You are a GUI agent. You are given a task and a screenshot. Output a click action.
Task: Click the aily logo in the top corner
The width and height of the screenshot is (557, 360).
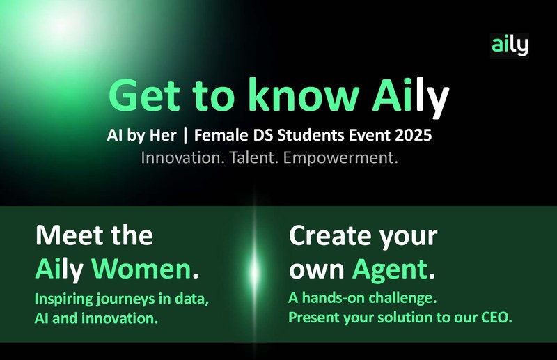point(509,46)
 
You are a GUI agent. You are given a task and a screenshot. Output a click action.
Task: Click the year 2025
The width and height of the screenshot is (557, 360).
point(411,134)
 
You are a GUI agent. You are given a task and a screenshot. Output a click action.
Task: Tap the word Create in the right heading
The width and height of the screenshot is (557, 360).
point(327,237)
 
